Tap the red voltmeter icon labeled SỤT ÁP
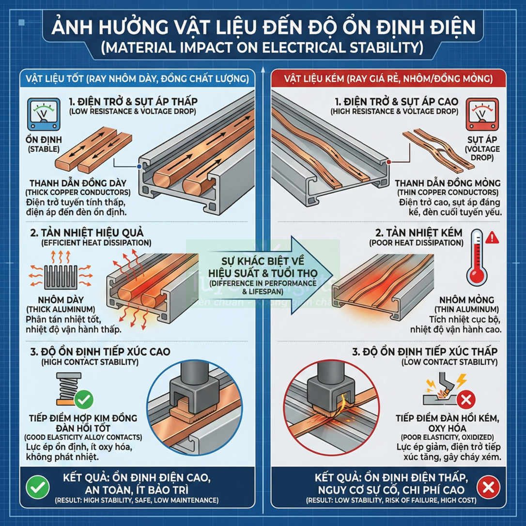point(481,114)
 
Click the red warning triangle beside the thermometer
point(492,237)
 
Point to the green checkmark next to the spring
point(84,400)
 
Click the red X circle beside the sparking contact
point(466,400)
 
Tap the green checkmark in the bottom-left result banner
point(38,487)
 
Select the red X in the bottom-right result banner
point(488,487)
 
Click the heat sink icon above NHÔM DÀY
point(60,277)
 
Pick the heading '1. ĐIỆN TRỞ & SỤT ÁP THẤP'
point(133,102)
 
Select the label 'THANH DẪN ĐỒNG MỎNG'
point(447,184)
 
